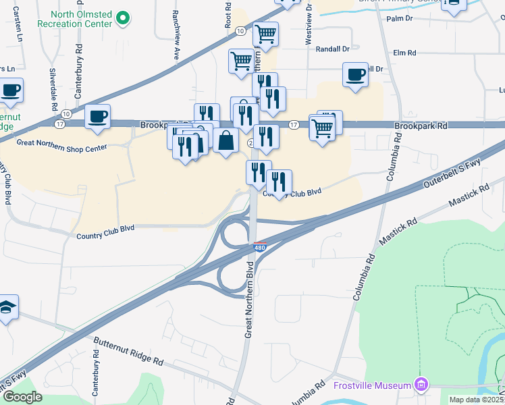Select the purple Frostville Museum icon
pos(422,385)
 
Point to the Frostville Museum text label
pos(373,385)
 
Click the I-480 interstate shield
pos(260,248)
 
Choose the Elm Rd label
pos(406,53)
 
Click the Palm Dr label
pos(399,19)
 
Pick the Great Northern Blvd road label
pos(248,304)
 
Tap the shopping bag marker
pos(228,142)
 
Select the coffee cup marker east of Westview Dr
pos(355,75)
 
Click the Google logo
pos(22,397)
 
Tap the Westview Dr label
pos(308,32)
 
